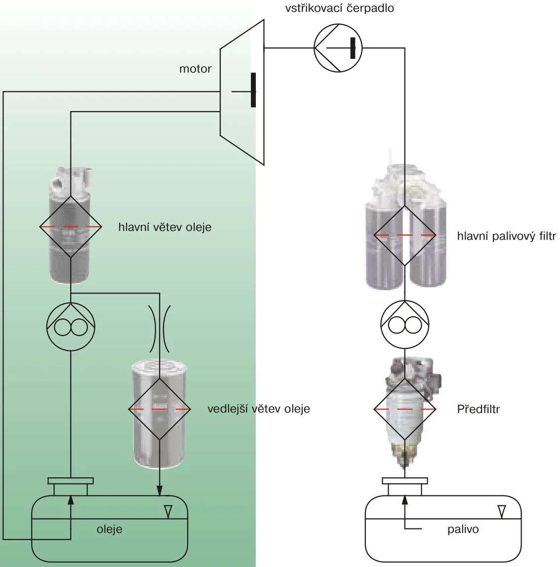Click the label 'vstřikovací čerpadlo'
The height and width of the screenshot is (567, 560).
coord(339,8)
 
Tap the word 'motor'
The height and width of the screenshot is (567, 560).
coord(196,69)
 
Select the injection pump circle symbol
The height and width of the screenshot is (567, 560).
coord(338,48)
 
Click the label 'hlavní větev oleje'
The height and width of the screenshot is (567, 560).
coord(165,227)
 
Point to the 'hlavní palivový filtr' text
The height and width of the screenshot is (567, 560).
coord(507,236)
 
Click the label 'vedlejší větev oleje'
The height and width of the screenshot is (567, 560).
coord(259,409)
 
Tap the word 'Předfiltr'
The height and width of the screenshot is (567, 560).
coord(478,409)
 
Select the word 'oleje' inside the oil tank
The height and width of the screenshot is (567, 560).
coord(109,529)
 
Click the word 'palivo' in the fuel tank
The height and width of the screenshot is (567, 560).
coord(463,529)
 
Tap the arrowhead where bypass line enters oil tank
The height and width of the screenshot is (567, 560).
coord(160,491)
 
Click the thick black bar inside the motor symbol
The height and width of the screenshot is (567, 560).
coord(253,90)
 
